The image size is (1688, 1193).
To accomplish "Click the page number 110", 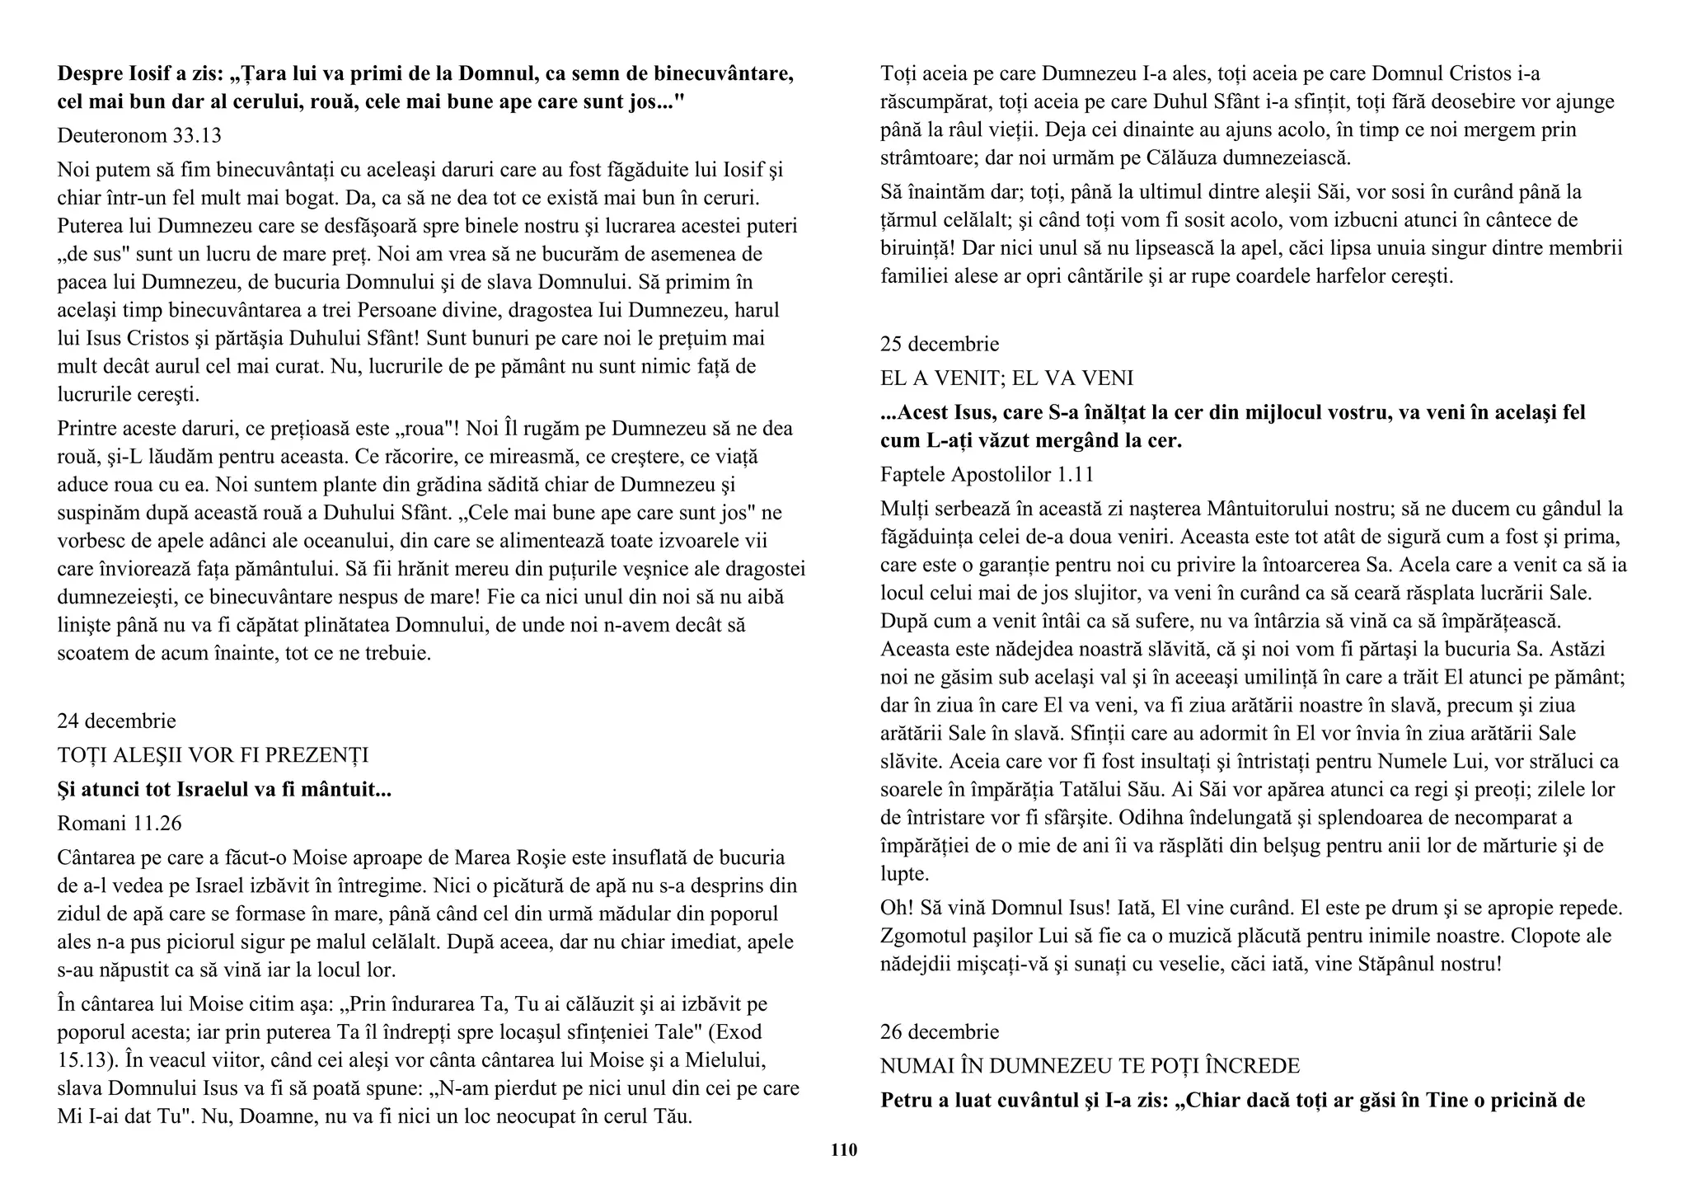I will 843,1149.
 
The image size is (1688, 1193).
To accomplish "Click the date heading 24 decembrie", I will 116,721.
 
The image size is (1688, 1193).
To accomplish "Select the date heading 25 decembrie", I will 940,344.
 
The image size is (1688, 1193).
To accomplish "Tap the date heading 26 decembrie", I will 940,1031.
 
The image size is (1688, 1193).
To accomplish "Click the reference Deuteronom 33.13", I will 139,135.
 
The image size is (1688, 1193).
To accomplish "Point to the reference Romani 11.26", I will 120,823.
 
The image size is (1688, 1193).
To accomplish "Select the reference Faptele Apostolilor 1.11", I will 987,474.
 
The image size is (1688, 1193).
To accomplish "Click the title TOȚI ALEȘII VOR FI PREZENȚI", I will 213,755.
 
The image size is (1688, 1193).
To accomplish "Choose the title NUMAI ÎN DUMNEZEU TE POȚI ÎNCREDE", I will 1090,1066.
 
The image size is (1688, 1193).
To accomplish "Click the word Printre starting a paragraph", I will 85,429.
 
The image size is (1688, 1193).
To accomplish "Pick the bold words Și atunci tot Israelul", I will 153,790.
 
